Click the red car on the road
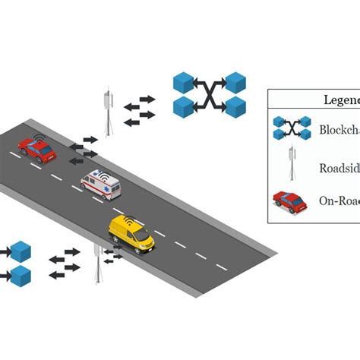coord(37,150)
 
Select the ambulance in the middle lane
coord(99,185)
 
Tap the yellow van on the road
coord(131,235)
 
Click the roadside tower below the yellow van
coord(96,264)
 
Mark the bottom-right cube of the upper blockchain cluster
coord(236,106)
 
